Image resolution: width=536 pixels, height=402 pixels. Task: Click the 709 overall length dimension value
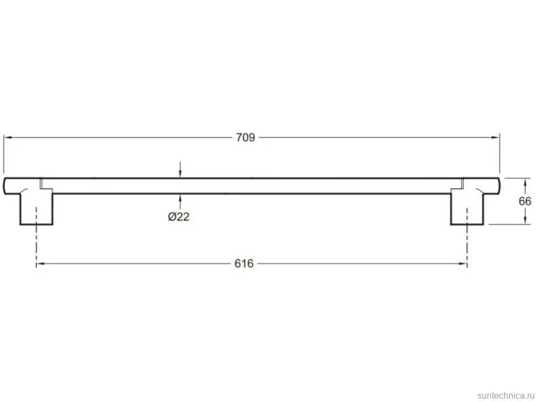point(245,137)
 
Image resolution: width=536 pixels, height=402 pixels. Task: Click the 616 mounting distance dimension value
point(244,263)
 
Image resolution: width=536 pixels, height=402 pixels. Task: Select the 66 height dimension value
point(525,201)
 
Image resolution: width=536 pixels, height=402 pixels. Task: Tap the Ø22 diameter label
point(178,216)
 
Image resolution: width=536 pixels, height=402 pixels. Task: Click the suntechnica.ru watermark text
point(506,395)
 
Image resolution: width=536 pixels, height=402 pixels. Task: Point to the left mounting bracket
point(36,208)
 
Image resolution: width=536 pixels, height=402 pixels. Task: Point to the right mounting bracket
point(467,208)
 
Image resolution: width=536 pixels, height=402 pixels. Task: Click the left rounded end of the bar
point(5,186)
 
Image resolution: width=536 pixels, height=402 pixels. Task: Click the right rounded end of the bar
point(498,186)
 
